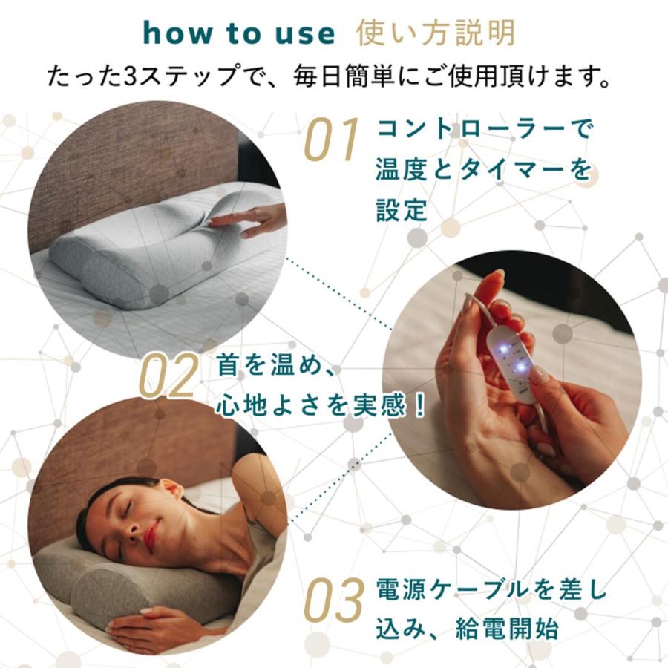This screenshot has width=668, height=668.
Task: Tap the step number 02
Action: [169, 376]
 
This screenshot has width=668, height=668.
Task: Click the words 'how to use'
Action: [238, 33]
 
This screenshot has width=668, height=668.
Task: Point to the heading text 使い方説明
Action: [435, 33]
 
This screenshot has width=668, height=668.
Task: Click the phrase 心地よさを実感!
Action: [321, 405]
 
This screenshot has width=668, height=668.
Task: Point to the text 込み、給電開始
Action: [467, 631]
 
